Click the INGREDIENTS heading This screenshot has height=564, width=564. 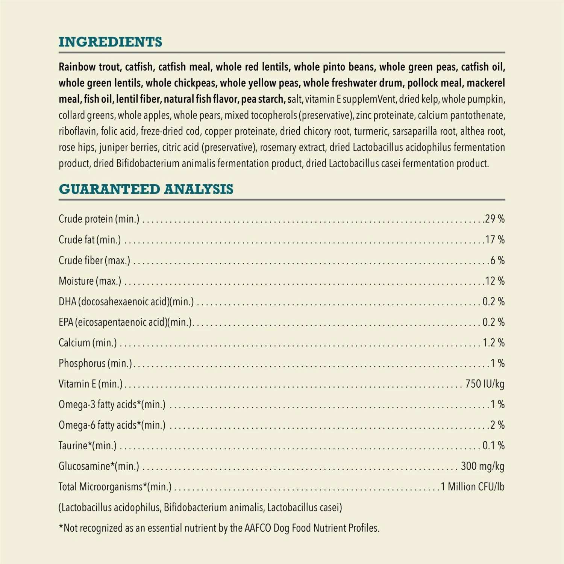coord(110,42)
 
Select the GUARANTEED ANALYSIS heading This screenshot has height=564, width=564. coord(146,189)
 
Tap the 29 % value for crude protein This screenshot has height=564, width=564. coord(494,219)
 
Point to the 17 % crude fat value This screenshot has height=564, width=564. coord(494,240)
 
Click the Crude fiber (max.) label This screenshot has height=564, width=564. coord(94,260)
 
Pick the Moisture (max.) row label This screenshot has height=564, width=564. coord(90,281)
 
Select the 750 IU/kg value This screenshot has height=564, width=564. coord(484,384)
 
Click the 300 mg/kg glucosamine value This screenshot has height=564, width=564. coord(482,466)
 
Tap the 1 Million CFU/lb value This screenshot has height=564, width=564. coord(472,487)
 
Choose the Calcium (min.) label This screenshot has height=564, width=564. coord(88,343)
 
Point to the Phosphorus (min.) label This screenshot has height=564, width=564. coord(96,364)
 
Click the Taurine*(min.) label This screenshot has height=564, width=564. coord(88,446)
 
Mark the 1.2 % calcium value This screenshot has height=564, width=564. coord(493,343)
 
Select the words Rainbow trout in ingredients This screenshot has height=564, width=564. coord(89,67)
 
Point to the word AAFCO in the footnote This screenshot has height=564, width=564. coord(258,528)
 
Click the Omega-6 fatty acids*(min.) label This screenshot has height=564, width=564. coord(112,425)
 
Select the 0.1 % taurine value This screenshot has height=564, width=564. coord(493,446)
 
